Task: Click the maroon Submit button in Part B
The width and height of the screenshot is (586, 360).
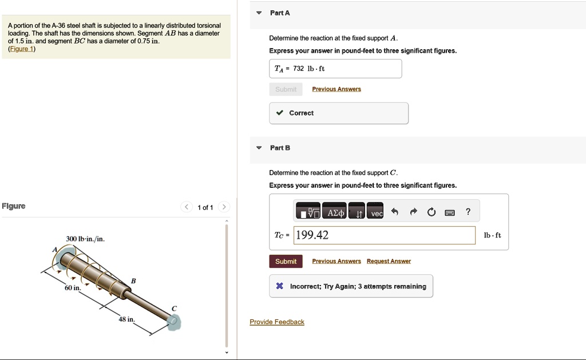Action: (286, 262)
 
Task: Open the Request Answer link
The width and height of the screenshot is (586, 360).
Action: (389, 261)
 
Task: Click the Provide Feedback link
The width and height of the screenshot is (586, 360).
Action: (277, 322)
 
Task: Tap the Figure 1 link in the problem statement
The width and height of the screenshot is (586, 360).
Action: (22, 49)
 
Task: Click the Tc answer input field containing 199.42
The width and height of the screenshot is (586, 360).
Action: (384, 235)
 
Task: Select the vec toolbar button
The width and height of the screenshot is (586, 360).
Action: (375, 212)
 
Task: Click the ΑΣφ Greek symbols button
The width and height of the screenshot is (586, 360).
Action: (334, 212)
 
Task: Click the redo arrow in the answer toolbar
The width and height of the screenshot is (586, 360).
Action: (413, 212)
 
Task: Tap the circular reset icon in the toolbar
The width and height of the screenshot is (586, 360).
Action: (431, 212)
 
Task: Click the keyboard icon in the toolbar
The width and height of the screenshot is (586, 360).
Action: (450, 213)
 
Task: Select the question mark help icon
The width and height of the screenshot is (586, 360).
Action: (468, 212)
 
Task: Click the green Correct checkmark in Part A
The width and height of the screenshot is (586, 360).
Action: (279, 113)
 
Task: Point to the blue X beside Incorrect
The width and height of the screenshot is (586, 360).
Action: (279, 286)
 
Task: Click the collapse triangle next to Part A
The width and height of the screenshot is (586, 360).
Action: (259, 13)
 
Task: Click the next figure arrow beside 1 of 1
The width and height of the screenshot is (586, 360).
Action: (224, 207)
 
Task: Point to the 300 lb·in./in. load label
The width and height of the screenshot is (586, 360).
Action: (85, 239)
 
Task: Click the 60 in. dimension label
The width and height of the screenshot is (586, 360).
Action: (73, 288)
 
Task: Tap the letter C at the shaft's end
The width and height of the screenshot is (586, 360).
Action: (174, 308)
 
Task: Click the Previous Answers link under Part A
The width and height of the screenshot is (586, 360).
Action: (336, 89)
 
